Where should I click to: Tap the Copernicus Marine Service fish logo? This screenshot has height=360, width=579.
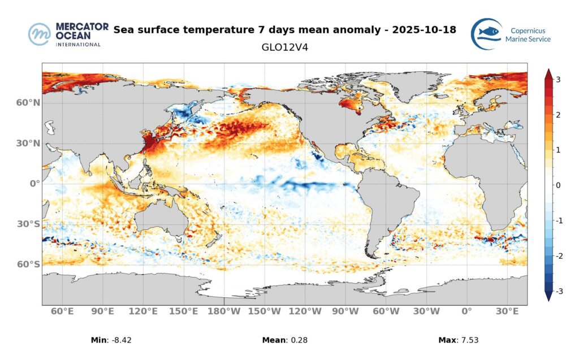(x=486, y=34)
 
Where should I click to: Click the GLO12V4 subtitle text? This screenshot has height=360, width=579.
(x=285, y=47)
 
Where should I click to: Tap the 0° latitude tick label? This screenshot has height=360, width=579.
(x=34, y=184)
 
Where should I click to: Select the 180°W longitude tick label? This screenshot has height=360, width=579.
(x=224, y=311)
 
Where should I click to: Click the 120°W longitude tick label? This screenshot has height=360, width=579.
(x=305, y=311)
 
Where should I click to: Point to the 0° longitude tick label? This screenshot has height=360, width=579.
(x=466, y=311)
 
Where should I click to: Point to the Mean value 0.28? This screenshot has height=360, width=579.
(x=297, y=340)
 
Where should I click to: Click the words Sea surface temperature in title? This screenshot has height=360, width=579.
(x=182, y=29)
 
